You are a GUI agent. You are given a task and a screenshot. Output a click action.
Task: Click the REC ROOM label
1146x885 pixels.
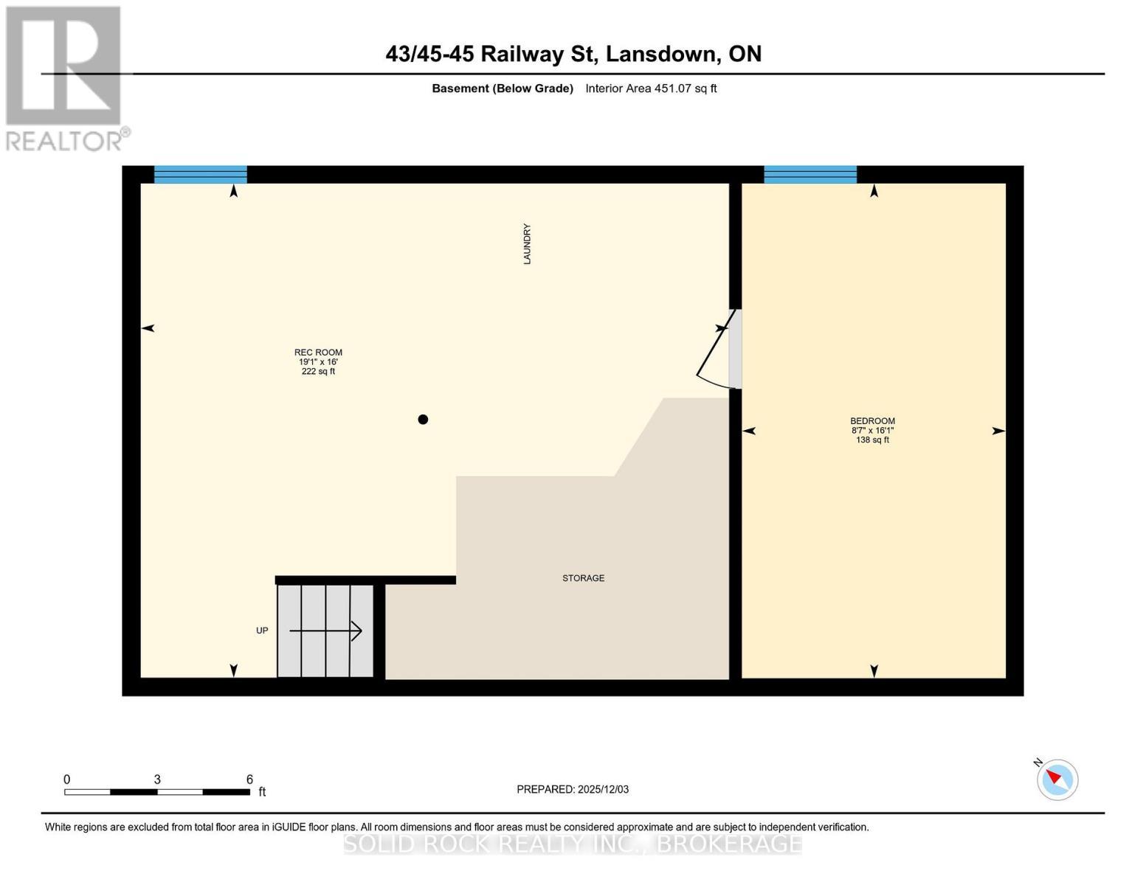[318, 353]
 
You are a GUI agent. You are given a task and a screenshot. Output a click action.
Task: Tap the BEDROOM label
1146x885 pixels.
[872, 421]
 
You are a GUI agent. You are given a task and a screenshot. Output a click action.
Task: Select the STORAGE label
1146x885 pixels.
[583, 578]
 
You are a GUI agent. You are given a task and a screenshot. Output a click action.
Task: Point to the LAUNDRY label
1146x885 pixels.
[527, 244]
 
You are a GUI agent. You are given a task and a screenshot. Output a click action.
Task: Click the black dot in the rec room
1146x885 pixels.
[423, 420]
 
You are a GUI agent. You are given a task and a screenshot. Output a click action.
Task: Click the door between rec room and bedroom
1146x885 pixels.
[718, 353]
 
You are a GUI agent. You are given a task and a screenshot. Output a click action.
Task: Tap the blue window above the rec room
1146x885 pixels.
[200, 175]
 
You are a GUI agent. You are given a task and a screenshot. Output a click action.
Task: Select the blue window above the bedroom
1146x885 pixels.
[810, 175]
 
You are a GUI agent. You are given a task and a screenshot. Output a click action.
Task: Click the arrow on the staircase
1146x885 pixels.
[325, 631]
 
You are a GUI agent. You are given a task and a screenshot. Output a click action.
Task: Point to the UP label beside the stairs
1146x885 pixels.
[262, 631]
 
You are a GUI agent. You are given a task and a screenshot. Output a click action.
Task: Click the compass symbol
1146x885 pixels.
[1057, 779]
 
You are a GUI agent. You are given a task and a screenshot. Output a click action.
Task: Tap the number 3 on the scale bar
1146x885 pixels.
[157, 780]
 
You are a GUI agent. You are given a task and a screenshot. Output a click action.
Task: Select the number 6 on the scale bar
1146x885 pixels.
[249, 780]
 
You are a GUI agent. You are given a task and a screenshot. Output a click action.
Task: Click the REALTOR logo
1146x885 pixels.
[65, 78]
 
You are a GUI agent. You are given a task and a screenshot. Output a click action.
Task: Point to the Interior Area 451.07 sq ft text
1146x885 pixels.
[651, 88]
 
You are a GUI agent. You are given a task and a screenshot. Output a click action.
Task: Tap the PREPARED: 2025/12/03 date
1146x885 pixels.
[573, 789]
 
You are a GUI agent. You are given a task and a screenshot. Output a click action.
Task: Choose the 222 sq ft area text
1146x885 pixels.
[318, 372]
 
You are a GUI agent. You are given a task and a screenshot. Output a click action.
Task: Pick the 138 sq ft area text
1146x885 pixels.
[872, 440]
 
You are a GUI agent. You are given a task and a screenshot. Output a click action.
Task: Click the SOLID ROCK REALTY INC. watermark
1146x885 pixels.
[573, 844]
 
